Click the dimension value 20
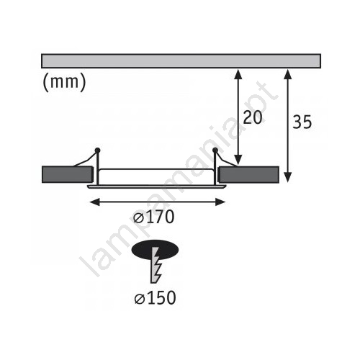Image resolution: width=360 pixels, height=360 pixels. pos(253,117)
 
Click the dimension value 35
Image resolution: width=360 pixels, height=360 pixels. pos(302,122)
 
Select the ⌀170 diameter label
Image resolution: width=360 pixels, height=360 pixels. pos(153,217)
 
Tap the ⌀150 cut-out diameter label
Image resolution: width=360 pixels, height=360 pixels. pos(155,298)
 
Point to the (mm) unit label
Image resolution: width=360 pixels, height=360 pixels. pos(64,82)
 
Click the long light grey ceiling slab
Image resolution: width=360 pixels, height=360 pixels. pos(181,61)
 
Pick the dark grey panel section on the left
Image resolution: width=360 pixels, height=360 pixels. pos(67,174)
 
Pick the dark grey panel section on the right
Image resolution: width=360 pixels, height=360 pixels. pos(249,174)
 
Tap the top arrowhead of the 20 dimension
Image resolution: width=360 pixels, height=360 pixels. pos(238,73)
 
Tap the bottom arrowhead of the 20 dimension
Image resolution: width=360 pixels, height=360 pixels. pos(238,160)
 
